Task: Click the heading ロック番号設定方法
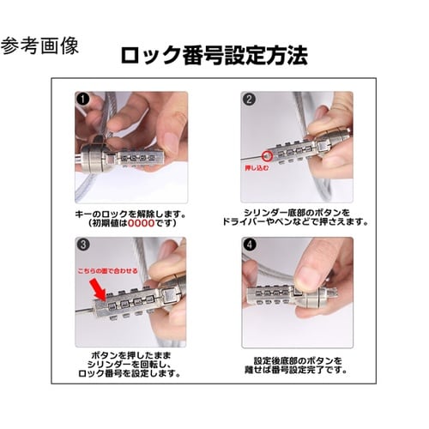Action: coord(214,55)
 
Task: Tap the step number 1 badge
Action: coord(82,99)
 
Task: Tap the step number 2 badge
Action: coord(249,99)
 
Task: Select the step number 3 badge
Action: coord(82,245)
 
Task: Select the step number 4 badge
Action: coord(249,245)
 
